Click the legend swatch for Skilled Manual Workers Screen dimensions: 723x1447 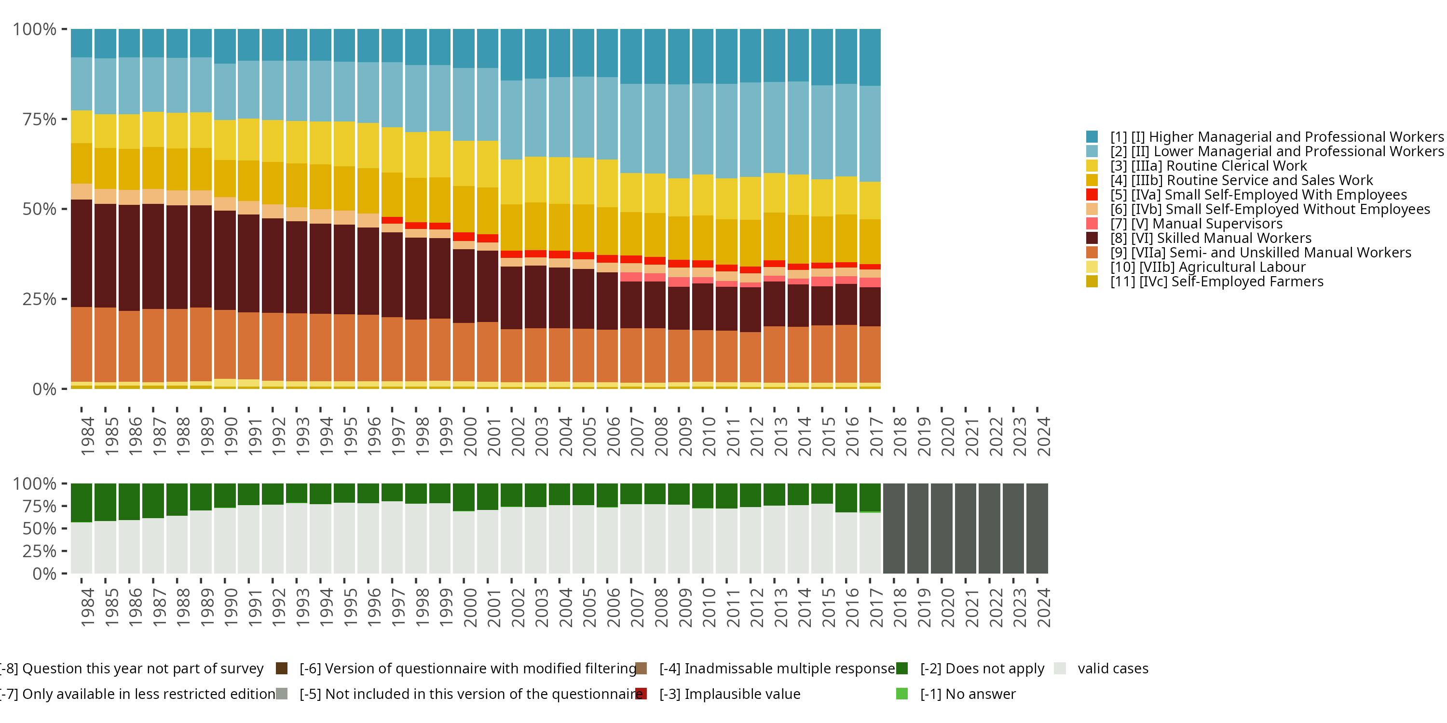pyautogui.click(x=1092, y=238)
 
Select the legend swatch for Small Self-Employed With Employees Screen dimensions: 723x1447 pyautogui.click(x=1092, y=195)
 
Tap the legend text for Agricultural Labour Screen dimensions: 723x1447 pyautogui.click(x=1222, y=267)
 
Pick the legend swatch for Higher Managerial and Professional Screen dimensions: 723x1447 pyautogui.click(x=1092, y=136)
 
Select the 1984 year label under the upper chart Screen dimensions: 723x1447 pyautogui.click(x=88, y=436)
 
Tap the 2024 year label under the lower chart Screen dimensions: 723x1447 pyautogui.click(x=1044, y=608)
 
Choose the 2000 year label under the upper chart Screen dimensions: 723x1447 pyautogui.click(x=470, y=436)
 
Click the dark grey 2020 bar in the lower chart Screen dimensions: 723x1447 pyautogui.click(x=942, y=528)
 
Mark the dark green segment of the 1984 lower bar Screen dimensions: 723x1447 pyautogui.click(x=82, y=502)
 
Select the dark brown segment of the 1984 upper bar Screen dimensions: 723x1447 pyautogui.click(x=82, y=253)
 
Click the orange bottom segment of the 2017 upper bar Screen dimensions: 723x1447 pyautogui.click(x=870, y=354)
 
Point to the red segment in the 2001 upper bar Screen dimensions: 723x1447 pyautogui.click(x=488, y=238)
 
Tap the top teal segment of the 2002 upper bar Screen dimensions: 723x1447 pyautogui.click(x=511, y=54)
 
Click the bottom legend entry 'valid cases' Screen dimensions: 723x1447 pyautogui.click(x=1112, y=669)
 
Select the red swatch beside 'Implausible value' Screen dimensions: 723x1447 pyautogui.click(x=641, y=694)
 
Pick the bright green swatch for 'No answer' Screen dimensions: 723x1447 pyautogui.click(x=901, y=694)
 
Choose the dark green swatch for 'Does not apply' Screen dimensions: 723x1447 pyautogui.click(x=901, y=668)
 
